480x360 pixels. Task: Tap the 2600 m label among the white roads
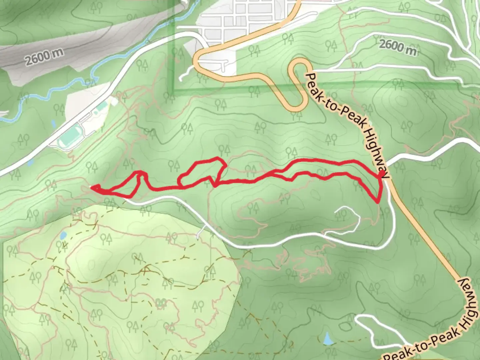[x=398, y=47]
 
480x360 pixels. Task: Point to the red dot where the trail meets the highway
[x=381, y=175]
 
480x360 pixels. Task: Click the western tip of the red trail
[x=92, y=188]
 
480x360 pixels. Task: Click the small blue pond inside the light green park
[x=63, y=236]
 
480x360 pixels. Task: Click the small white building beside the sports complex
[x=114, y=100]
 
